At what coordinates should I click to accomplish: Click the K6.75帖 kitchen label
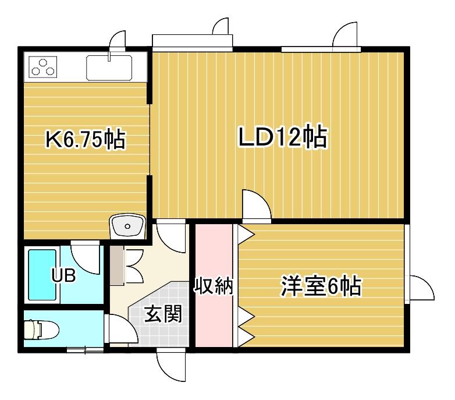(86, 140)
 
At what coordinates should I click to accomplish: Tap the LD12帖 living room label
(283, 137)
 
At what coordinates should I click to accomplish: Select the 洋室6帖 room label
(321, 287)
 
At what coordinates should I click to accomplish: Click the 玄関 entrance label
(163, 314)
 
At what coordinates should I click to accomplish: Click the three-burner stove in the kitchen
(42, 68)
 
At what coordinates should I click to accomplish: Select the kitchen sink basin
(109, 68)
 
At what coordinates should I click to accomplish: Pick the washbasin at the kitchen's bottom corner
(127, 226)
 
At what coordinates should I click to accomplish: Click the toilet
(41, 330)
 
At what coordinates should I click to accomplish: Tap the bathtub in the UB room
(42, 275)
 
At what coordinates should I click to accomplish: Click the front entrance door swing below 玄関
(171, 365)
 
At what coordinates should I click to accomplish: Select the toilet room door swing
(121, 330)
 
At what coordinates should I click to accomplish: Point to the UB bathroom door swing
(86, 257)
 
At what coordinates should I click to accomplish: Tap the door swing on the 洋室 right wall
(421, 288)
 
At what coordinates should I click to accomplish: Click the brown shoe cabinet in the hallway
(116, 266)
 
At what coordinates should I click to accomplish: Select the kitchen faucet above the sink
(109, 56)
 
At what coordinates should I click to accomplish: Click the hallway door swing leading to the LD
(171, 236)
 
